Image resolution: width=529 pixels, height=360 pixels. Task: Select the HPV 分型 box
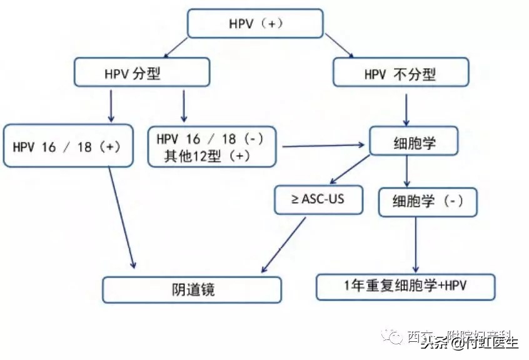141,72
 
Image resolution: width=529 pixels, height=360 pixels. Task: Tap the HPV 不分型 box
400,72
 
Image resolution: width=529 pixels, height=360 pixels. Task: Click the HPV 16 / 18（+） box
68,147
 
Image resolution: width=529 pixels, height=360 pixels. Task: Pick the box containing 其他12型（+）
211,147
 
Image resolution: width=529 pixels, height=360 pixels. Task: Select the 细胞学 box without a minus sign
413,142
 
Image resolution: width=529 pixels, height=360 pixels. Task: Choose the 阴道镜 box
192,289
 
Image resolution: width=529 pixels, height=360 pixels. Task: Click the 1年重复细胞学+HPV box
406,286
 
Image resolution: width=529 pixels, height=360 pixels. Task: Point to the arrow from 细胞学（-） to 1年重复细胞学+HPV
416,245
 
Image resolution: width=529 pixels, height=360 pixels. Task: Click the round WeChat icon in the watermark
395,337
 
